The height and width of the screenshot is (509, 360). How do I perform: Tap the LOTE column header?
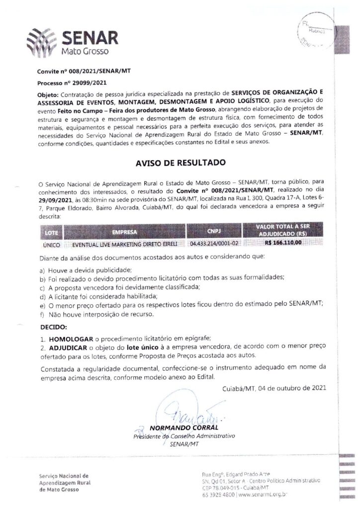click(x=52, y=232)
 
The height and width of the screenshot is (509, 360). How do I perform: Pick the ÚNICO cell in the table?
click(x=52, y=245)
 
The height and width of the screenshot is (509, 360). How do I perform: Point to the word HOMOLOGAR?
click(x=69, y=338)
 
